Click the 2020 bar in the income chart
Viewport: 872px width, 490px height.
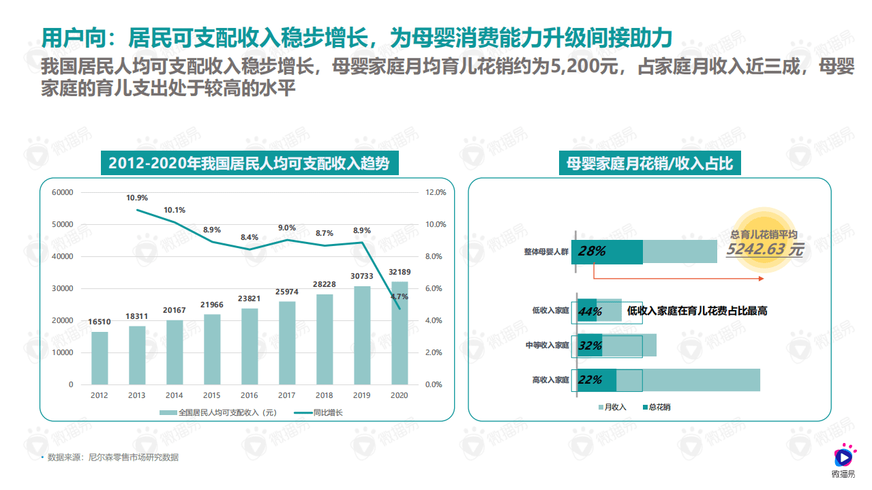point(400,334)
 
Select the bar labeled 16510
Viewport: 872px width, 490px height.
point(100,358)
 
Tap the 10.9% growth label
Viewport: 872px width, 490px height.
point(136,198)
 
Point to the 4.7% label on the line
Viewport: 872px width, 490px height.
point(400,296)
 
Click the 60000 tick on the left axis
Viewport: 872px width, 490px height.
point(62,193)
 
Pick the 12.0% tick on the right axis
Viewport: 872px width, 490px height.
point(436,193)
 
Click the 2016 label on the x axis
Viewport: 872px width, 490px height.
point(250,395)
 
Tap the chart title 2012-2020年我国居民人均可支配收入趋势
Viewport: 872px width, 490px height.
point(250,164)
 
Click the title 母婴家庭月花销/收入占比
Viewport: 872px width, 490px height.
point(649,164)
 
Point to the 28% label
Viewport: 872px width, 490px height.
point(592,251)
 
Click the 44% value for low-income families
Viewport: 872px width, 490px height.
point(589,311)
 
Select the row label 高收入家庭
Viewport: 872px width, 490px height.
point(550,380)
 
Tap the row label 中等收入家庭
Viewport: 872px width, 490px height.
point(547,346)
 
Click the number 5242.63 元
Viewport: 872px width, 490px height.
point(764,249)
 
